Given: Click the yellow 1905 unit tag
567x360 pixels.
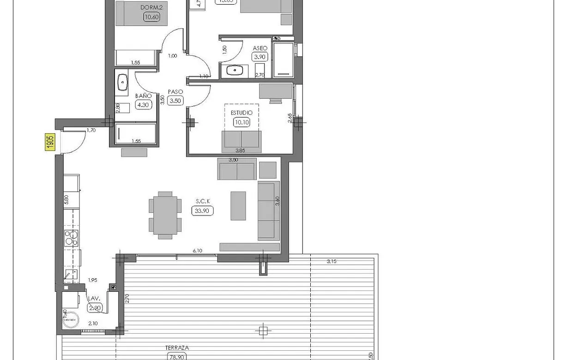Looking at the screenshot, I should click(x=50, y=142).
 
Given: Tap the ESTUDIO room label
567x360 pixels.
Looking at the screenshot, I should click(x=241, y=113).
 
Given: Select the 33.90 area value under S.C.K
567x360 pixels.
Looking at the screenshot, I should click(x=202, y=210).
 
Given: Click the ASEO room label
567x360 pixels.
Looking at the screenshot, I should click(x=260, y=48).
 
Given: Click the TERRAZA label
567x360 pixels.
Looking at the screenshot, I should click(x=177, y=348).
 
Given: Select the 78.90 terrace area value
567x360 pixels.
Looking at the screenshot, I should click(x=177, y=356).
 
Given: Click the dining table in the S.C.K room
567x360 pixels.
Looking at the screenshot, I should click(x=165, y=215).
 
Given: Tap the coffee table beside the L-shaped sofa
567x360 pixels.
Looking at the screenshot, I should click(x=238, y=205).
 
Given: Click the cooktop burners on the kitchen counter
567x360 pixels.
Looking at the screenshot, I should click(x=71, y=238).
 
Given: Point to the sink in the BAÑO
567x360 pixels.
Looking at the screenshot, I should click(x=122, y=82).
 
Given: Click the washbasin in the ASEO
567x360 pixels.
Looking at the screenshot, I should click(x=235, y=71).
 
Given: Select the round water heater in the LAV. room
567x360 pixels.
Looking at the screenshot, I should click(x=71, y=319).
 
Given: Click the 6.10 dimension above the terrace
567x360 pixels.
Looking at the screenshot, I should click(x=197, y=251).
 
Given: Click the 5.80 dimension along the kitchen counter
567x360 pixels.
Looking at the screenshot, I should click(x=66, y=199).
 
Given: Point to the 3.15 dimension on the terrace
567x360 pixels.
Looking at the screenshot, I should click(x=331, y=261).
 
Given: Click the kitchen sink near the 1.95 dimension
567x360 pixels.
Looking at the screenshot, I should click(x=71, y=275).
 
